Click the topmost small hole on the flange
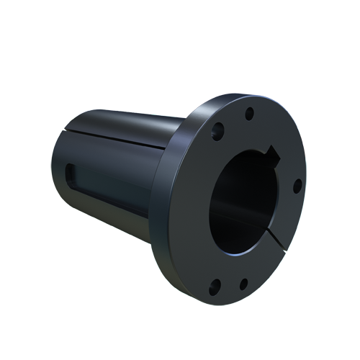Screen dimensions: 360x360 click(x=249, y=114)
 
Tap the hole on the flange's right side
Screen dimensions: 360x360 click(x=296, y=186)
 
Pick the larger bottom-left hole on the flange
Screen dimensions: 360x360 click(x=214, y=289)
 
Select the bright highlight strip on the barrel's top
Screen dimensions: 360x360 click(x=115, y=120)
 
